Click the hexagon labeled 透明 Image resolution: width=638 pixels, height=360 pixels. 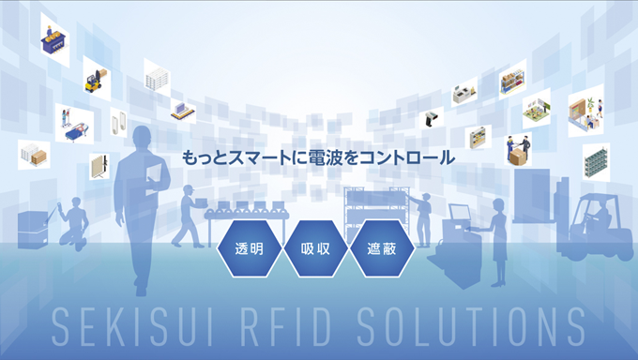coord(249,248)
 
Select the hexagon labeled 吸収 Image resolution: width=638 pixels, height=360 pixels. coord(315,248)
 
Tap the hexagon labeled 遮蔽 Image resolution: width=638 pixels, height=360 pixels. coord(382,248)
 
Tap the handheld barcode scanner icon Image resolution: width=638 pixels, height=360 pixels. coord(432,118)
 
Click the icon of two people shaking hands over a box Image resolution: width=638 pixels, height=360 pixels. coord(518,150)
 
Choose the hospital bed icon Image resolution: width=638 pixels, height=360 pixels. coord(74,124)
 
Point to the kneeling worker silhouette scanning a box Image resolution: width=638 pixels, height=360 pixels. coord(73,222)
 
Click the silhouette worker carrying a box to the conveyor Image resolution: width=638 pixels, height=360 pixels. coord(189,216)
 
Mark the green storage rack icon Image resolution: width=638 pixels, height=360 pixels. coord(596,163)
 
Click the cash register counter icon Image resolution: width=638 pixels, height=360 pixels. coord(463,93)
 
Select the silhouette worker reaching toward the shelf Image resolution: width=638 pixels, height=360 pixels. coord(421,218)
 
